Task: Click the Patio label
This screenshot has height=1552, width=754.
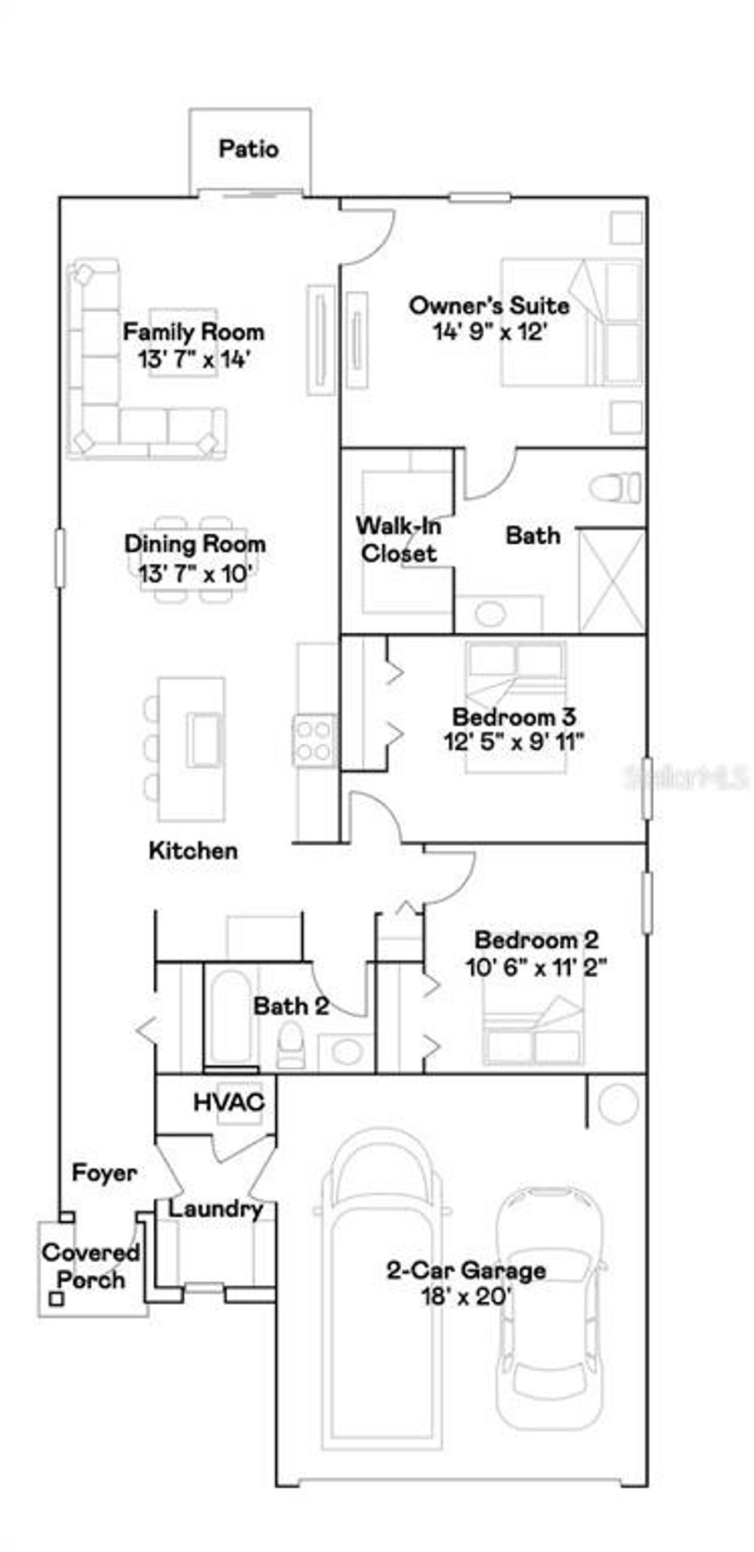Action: tap(249, 149)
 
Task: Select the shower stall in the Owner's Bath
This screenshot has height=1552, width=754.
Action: tap(612, 580)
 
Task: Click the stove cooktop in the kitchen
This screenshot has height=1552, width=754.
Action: tap(314, 740)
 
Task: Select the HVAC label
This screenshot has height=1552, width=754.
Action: tap(229, 1102)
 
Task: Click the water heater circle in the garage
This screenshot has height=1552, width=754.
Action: tap(618, 1103)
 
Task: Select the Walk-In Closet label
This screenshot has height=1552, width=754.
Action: tap(398, 539)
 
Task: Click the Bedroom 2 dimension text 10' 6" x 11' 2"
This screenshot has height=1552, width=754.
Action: tap(535, 968)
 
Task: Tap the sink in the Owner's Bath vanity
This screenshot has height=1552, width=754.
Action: tap(490, 613)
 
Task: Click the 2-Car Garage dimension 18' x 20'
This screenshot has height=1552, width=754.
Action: tap(466, 1296)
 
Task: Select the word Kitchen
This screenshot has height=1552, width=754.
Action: tap(193, 851)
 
